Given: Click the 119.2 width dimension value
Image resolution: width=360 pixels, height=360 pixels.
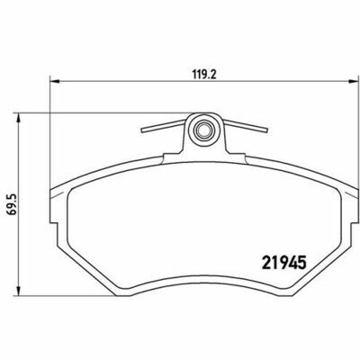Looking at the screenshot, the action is [204, 74].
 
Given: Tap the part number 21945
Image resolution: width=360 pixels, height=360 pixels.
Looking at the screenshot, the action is [283, 263].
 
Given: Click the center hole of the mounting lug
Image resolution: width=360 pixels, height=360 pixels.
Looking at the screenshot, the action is [203, 130].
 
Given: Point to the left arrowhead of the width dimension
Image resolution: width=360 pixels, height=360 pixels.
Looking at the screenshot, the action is [55, 80].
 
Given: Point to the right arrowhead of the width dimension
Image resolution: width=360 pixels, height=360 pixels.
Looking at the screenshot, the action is [353, 80].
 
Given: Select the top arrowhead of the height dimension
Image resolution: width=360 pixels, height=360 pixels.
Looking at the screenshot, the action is [19, 118].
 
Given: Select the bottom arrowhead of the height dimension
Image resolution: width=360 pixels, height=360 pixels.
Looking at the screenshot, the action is [19, 290].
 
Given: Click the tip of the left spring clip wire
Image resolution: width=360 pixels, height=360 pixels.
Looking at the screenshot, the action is [142, 130].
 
